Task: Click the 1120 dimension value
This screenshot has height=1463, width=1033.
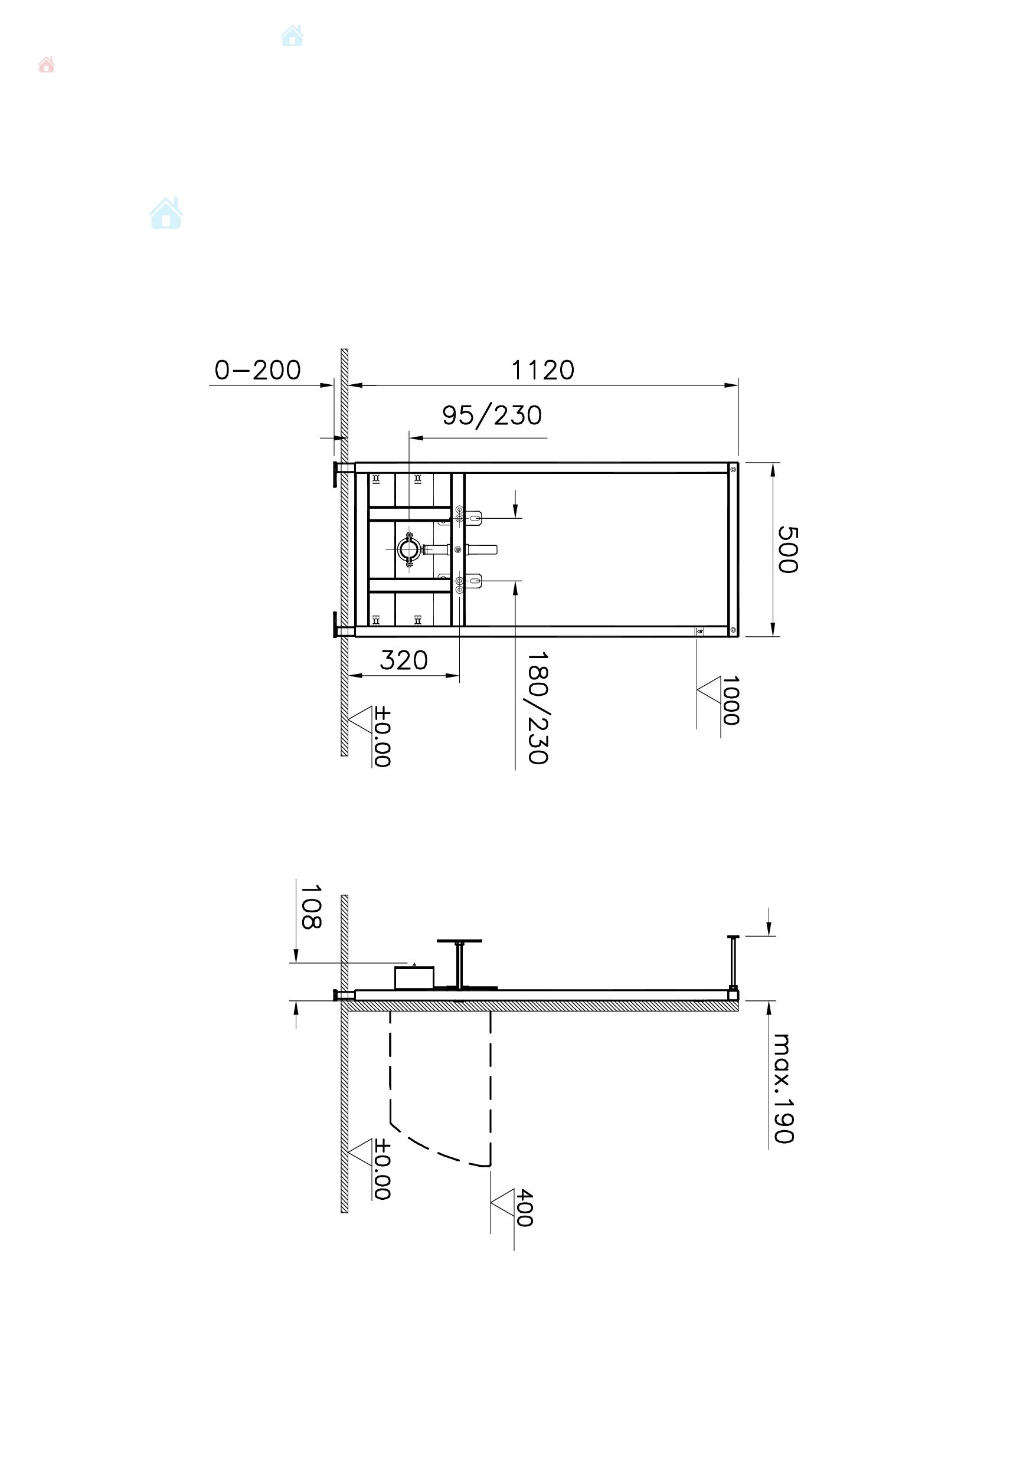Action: [542, 369]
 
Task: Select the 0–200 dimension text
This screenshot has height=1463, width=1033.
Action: [257, 369]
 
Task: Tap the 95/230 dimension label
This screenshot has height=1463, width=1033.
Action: [492, 415]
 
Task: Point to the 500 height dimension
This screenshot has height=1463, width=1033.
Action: [787, 549]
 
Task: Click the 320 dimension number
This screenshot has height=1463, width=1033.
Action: [403, 660]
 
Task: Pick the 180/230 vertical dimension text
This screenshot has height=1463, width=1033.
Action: [538, 707]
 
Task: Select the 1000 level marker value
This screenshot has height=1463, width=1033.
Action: [730, 701]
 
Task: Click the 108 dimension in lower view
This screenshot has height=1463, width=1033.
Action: [310, 906]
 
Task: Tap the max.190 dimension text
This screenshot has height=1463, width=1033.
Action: [783, 1088]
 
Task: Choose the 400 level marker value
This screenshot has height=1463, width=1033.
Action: [524, 1207]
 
